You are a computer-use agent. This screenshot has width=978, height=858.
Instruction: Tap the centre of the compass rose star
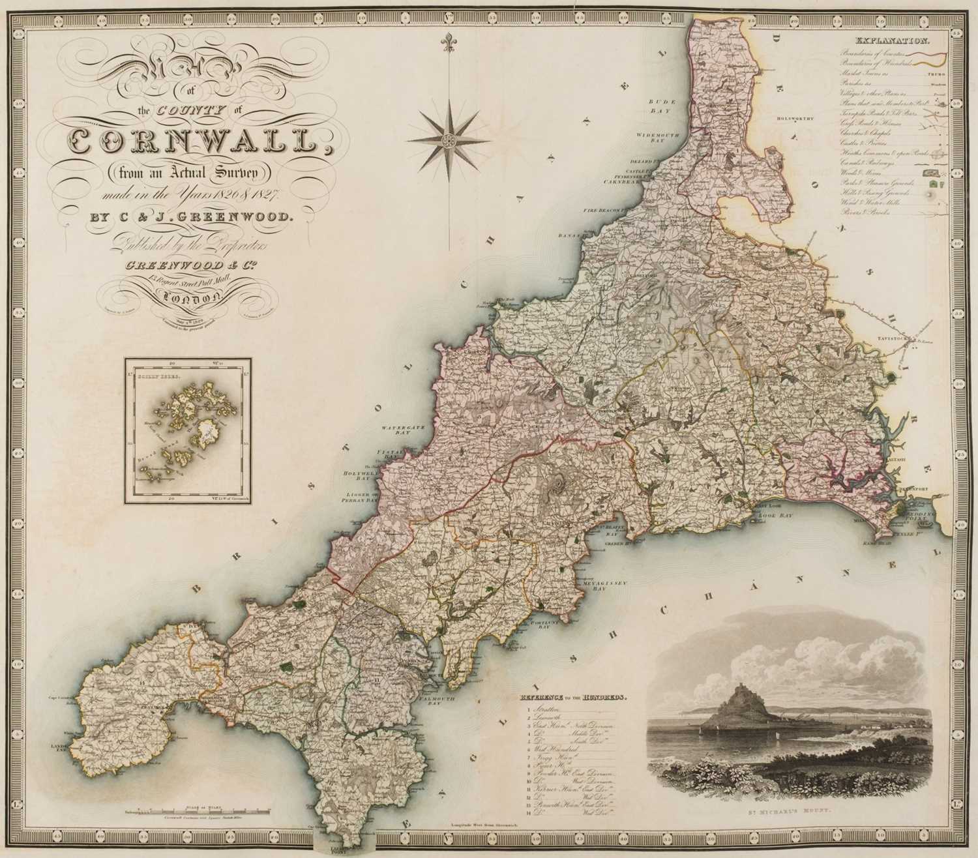[449, 140]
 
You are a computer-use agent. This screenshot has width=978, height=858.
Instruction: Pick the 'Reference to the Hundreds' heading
[574, 697]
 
